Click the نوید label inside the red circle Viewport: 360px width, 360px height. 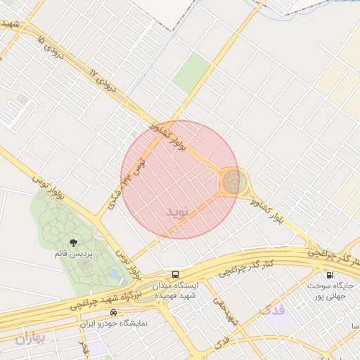pyautogui.click(x=178, y=211)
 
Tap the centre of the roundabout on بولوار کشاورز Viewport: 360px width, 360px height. pyautogui.click(x=233, y=182)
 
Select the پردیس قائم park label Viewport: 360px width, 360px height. pyautogui.click(x=75, y=253)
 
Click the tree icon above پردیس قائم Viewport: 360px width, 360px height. pyautogui.click(x=74, y=243)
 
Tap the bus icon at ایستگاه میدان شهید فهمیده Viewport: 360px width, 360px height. pyautogui.click(x=175, y=274)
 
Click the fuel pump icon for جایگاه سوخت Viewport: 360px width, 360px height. pyautogui.click(x=329, y=275)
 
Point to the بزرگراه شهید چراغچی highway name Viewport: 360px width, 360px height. pyautogui.click(x=112, y=295)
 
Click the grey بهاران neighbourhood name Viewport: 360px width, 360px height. pyautogui.click(x=30, y=338)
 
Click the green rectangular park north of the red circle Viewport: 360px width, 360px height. pyautogui.click(x=191, y=72)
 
